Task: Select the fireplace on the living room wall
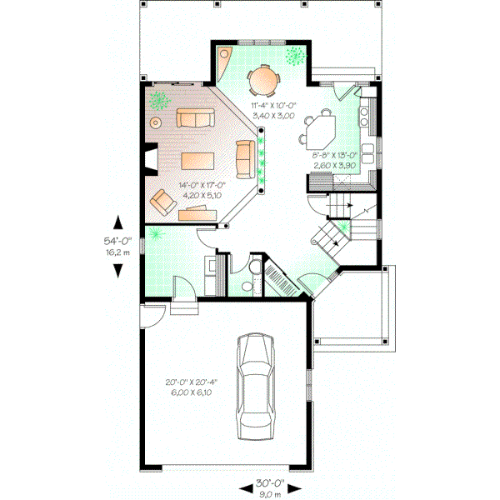pos(147,160)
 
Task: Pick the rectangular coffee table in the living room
pos(198,160)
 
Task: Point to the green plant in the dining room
pos(295,56)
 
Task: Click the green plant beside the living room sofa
pos(158,101)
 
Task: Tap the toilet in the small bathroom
pos(247,284)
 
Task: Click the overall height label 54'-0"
pos(117,238)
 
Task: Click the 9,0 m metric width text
pos(270,492)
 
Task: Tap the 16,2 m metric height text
pos(117,249)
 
